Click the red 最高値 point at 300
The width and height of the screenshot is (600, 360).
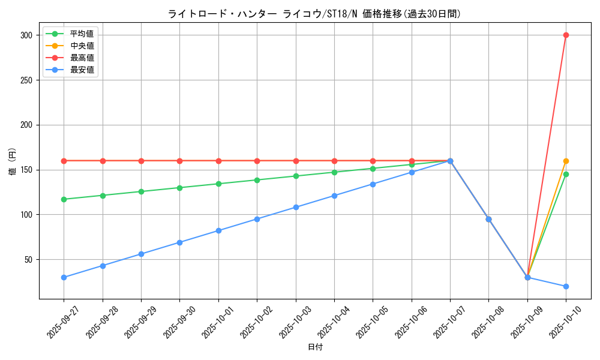566,35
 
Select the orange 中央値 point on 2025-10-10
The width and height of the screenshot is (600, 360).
566,161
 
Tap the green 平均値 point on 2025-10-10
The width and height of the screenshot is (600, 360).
566,174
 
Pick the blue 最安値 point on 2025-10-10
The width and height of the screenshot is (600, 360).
566,286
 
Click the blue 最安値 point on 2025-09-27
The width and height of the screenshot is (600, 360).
64,277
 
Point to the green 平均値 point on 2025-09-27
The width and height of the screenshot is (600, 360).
64,199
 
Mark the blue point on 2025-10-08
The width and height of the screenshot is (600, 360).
488,219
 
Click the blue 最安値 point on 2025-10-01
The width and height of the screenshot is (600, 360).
218,230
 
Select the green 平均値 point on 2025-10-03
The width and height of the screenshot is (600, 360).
296,176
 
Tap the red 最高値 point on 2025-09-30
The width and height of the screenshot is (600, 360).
179,161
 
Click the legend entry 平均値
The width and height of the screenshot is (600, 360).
82,34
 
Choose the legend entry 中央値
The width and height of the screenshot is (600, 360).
82,46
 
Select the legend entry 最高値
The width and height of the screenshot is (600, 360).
82,58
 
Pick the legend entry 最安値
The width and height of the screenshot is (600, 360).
82,70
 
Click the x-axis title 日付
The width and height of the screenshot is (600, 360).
315,347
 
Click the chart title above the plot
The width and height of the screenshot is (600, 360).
314,14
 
